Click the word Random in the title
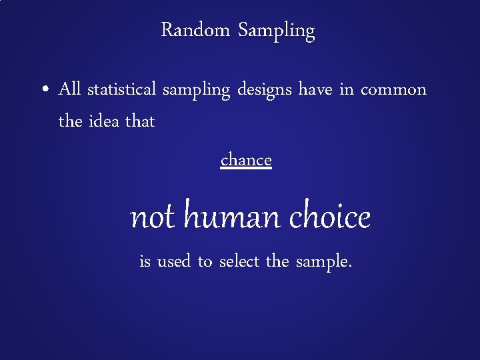[x=196, y=30]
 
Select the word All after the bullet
[x=69, y=89]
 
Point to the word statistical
[x=122, y=89]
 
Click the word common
[x=393, y=89]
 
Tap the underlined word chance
[x=246, y=160]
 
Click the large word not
[x=153, y=217]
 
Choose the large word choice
[x=330, y=217]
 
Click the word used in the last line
[x=174, y=262]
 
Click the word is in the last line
[x=145, y=262]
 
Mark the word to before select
[x=205, y=262]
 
